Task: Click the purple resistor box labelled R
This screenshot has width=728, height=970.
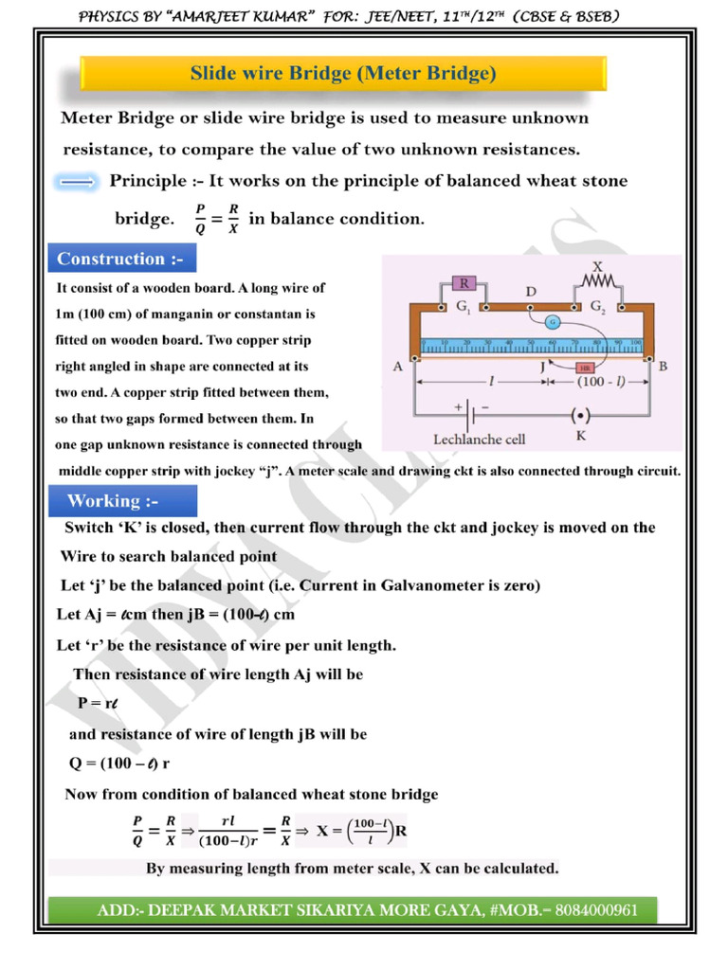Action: (x=465, y=282)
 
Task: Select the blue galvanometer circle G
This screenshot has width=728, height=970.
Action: (x=551, y=322)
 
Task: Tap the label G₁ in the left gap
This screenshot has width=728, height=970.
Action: (x=466, y=307)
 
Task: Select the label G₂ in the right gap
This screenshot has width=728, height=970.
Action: (x=599, y=307)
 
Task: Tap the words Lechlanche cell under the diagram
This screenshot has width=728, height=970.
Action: (x=479, y=440)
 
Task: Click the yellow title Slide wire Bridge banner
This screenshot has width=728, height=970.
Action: (x=343, y=73)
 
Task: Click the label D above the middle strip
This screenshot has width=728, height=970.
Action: (x=532, y=293)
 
